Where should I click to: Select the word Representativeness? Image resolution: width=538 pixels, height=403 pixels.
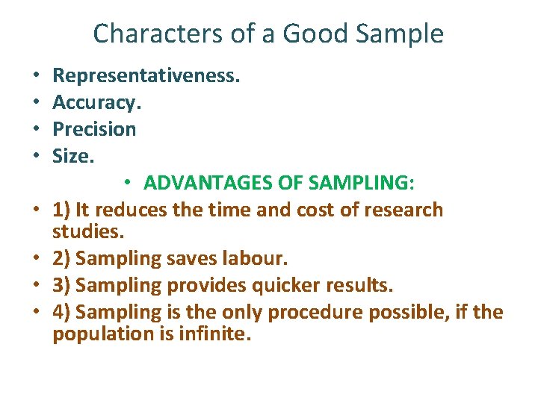coord(146,75)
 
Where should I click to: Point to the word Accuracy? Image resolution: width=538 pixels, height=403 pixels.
coord(96,102)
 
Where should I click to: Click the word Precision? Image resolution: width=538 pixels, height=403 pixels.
coord(94,129)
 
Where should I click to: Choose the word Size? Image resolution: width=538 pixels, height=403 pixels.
coord(73,156)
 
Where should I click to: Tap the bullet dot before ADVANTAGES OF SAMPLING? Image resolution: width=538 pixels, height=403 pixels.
coord(129,184)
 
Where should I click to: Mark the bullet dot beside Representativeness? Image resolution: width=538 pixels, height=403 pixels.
coord(36,76)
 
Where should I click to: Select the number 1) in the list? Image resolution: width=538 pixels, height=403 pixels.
coord(62,210)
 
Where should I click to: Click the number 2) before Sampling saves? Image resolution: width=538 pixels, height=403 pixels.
coord(62,258)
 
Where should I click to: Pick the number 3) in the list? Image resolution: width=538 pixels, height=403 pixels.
coord(62,285)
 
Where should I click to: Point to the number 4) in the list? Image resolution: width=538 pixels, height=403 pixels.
coord(62,312)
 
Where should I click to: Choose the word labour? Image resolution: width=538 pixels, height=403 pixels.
coord(256,258)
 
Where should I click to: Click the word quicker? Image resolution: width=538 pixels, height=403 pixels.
coord(283,285)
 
